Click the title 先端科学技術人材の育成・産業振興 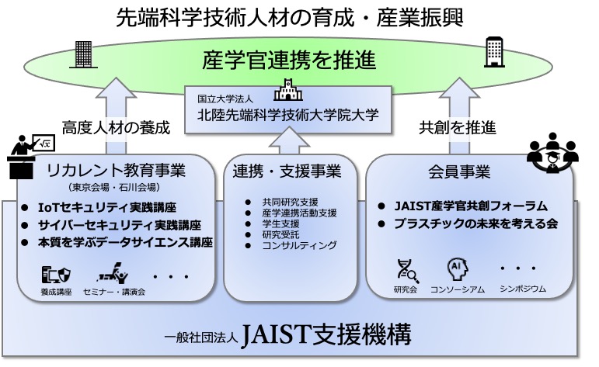[289, 18]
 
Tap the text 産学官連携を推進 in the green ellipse [289, 61]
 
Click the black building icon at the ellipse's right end [494, 52]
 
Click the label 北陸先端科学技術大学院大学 [288, 115]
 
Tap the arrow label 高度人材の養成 [116, 127]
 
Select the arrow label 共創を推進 [458, 127]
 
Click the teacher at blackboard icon [30, 156]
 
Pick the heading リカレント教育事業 [116, 170]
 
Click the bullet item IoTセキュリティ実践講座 [107, 207]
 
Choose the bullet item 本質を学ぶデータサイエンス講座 [125, 242]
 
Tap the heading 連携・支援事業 [287, 171]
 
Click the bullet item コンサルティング [300, 245]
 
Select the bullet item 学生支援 [280, 224]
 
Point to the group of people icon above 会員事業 [552, 152]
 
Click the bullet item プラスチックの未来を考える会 [476, 223]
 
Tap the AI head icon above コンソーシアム [458, 270]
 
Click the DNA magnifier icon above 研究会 [407, 271]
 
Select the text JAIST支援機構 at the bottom [327, 334]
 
